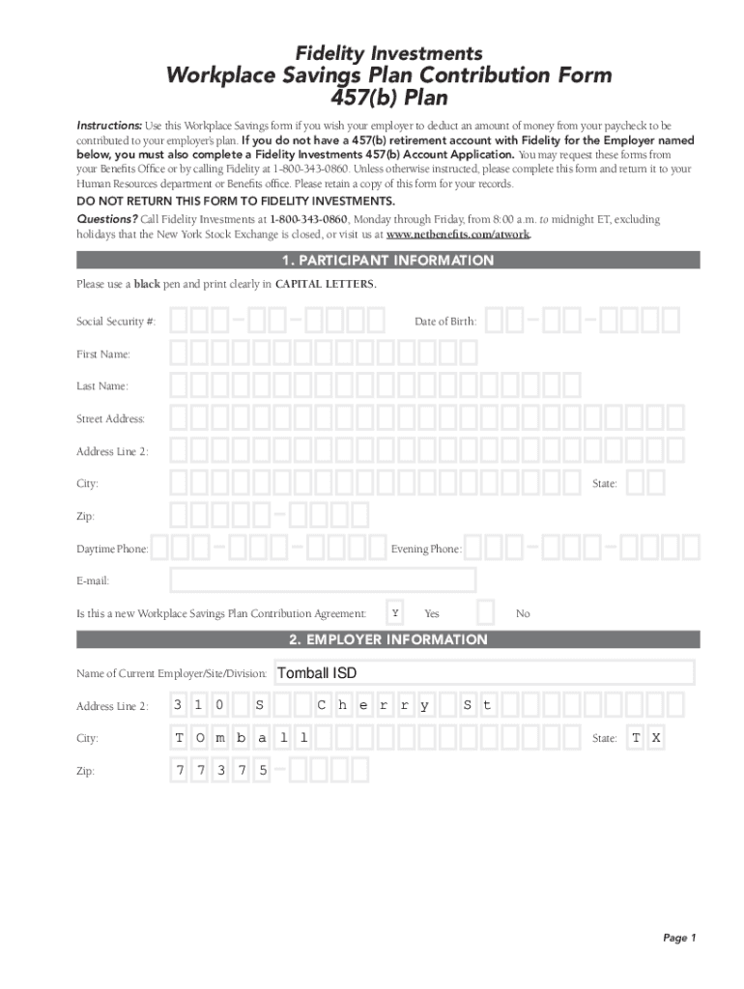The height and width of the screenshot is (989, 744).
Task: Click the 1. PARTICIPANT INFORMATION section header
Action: [387, 261]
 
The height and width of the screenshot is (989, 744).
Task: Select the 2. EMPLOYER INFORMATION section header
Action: [387, 640]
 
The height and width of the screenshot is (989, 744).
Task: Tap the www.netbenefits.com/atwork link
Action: [458, 235]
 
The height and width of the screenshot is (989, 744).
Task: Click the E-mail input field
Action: [323, 580]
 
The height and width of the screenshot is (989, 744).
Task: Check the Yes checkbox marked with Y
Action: [394, 613]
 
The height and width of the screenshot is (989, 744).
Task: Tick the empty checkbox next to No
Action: [487, 613]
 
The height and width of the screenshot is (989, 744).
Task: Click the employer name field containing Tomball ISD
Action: [484, 673]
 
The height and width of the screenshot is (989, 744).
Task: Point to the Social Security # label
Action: [116, 322]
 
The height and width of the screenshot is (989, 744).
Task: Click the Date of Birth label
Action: [445, 322]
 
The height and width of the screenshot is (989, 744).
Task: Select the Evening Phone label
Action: [426, 550]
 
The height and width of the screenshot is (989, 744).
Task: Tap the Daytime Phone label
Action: [112, 550]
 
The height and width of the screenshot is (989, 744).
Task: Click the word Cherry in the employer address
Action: [372, 706]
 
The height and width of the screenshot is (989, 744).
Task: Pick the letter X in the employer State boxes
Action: [656, 739]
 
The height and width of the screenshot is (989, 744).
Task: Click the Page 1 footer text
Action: [679, 938]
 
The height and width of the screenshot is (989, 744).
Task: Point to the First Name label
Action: [103, 354]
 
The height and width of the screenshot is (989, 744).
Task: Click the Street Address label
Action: [111, 419]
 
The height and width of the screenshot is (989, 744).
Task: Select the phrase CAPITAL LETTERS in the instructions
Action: [325, 285]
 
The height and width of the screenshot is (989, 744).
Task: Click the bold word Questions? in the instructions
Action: [107, 220]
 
